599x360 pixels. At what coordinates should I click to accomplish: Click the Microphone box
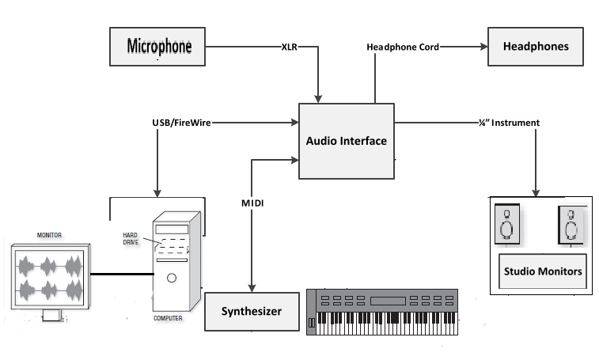(x=159, y=46)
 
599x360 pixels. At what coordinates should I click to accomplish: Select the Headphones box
(x=536, y=46)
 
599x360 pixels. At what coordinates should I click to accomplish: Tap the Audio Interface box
(x=346, y=141)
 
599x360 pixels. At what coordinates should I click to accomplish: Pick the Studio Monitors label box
(x=543, y=272)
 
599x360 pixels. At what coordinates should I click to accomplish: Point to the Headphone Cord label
(x=403, y=47)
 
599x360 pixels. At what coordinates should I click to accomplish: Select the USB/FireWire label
(x=182, y=123)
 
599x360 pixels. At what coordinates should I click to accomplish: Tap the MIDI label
(x=252, y=203)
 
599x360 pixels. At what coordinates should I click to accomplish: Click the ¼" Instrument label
(x=509, y=123)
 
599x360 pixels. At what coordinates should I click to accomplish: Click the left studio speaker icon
(x=506, y=225)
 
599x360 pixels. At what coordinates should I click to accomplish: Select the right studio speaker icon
(x=571, y=225)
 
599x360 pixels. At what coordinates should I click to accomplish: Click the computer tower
(x=172, y=260)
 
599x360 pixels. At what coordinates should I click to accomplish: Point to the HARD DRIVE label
(x=131, y=237)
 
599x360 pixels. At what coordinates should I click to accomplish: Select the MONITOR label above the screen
(x=49, y=236)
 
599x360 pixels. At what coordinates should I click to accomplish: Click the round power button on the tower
(x=171, y=278)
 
